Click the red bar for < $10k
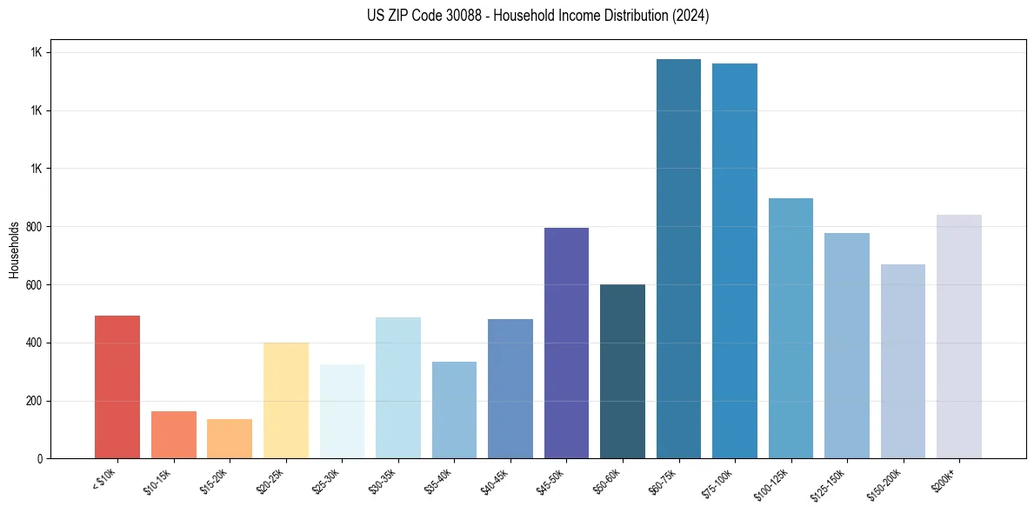tap(117, 387)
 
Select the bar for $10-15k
tap(173, 435)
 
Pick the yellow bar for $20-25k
tap(285, 400)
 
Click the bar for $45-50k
tap(566, 343)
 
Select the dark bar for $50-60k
tap(623, 371)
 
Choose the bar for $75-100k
tap(735, 261)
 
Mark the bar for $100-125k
tap(791, 329)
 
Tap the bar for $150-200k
tap(903, 362)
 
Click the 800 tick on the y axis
tap(36, 227)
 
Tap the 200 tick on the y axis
tap(36, 401)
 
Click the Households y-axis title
tap(15, 250)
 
